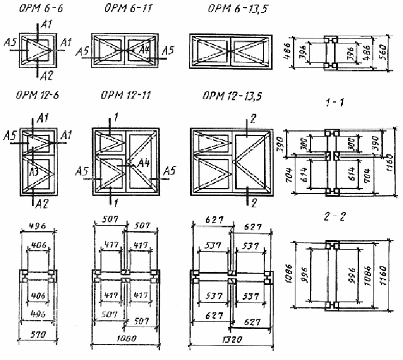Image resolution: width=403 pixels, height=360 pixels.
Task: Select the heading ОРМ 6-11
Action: pos(127,10)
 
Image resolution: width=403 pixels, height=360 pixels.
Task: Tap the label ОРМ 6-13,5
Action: pos(234,10)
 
